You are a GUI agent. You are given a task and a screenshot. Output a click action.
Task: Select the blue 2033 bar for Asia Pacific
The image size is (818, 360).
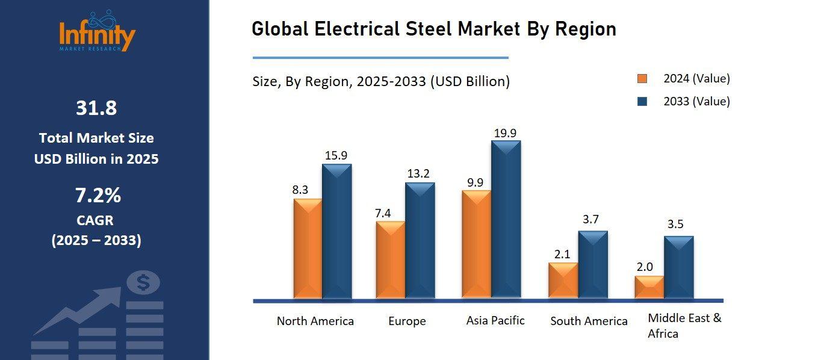pos(506,220)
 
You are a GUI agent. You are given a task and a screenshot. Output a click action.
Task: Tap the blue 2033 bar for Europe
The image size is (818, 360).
pos(420,241)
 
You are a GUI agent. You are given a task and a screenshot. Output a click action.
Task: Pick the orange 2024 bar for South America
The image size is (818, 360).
pos(563,281)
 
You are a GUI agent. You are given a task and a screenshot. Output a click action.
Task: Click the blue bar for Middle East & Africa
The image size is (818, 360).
pos(678,267)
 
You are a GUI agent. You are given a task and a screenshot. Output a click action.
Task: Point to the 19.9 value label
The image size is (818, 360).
pos(505,133)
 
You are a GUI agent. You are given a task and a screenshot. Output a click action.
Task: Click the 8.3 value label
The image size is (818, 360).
pos(300,190)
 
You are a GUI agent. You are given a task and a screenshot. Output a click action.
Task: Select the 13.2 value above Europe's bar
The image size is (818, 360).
pos(418,174)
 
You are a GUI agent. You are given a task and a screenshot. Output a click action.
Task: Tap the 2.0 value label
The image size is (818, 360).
pos(645,267)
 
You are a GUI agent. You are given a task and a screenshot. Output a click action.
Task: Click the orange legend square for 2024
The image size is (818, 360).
pos(642,79)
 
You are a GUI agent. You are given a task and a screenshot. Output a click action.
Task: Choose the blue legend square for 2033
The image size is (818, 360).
pos(642,102)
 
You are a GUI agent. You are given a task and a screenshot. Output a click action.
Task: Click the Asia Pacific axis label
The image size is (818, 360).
pos(495,320)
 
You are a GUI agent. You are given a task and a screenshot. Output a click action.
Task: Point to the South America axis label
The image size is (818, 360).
pos(589,321)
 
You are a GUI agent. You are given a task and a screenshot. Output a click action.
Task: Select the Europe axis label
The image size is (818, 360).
pos(407,321)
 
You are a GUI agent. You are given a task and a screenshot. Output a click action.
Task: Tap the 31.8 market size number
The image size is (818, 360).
pos(96,108)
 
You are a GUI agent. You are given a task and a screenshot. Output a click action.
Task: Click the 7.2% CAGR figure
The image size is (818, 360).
pos(98,196)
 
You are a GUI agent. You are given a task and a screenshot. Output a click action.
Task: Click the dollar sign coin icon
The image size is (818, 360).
pos(143,282)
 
